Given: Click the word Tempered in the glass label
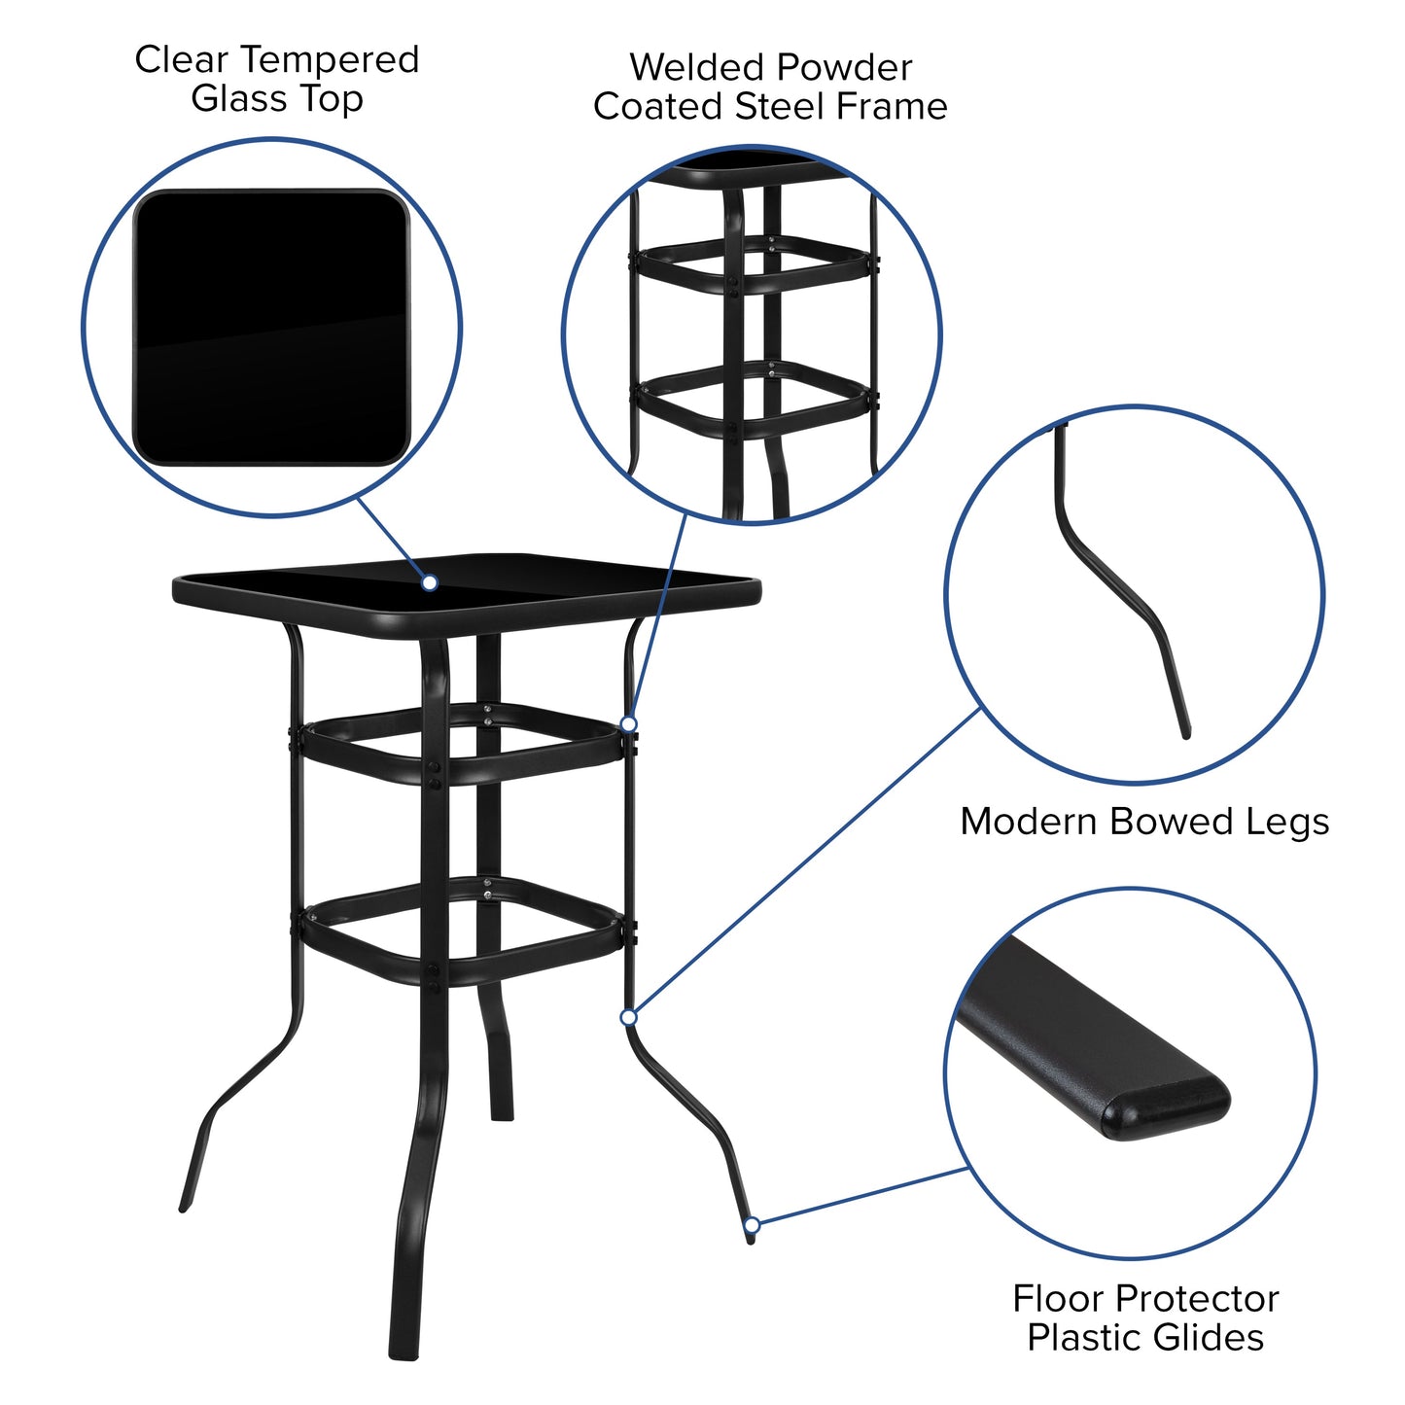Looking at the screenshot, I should [332, 61].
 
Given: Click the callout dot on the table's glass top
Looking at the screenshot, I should [429, 582].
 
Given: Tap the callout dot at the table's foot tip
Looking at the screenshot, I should [751, 1224].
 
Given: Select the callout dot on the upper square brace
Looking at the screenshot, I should [629, 724].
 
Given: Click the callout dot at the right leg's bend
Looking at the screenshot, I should [629, 1017].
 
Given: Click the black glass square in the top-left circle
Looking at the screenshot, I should [271, 327].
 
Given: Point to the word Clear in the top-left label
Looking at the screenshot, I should [181, 60].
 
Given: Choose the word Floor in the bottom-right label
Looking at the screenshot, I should [1056, 1299].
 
